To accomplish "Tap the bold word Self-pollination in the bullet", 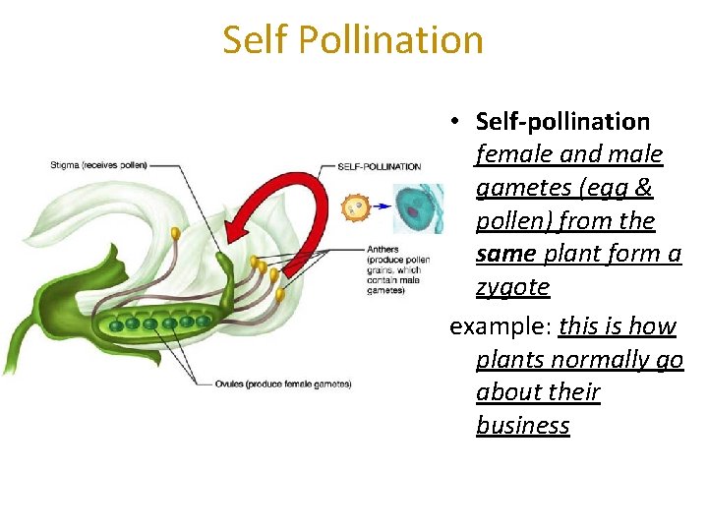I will (x=562, y=122).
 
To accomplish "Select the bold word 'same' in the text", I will (x=505, y=254).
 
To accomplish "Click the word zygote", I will (x=512, y=287).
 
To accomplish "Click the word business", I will (x=522, y=426).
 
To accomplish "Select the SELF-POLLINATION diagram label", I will (x=379, y=166).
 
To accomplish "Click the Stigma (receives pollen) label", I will (x=98, y=165).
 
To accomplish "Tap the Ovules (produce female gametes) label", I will (x=283, y=383).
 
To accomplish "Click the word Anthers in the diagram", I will (x=383, y=249).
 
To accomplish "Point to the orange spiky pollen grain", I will (x=355, y=207).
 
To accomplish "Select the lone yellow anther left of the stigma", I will (x=175, y=234).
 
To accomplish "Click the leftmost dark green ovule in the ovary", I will (x=117, y=325).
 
